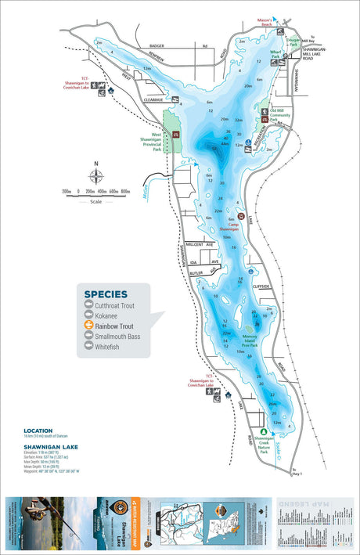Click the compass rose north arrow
[x=95, y=174]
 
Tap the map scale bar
[x=95, y=191]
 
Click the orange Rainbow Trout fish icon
[x=89, y=325]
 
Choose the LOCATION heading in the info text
[x=38, y=431]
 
